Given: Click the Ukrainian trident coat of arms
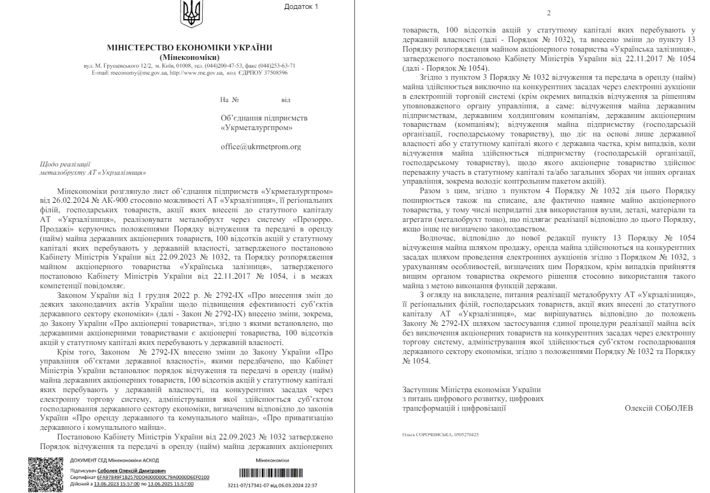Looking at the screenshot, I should click(x=190, y=14).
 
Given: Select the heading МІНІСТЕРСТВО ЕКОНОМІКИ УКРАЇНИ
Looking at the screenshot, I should click(x=190, y=48).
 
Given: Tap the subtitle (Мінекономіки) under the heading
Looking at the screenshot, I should click(x=190, y=57).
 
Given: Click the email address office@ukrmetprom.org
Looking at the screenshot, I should click(x=260, y=147).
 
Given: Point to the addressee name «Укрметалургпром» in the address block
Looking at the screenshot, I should click(x=256, y=128).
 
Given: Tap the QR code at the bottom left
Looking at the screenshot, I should click(x=46, y=473).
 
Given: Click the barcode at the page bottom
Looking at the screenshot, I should click(x=272, y=473).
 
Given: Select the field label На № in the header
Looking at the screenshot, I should click(x=229, y=100).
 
